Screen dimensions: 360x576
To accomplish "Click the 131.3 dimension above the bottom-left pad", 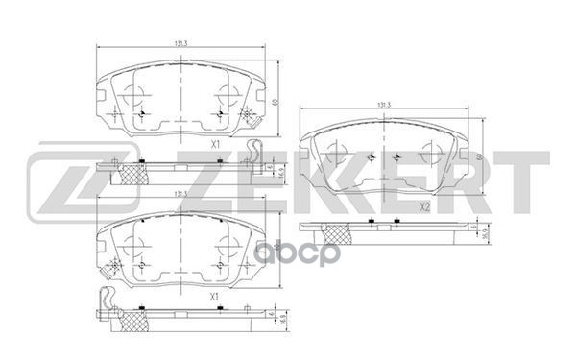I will point(180,194).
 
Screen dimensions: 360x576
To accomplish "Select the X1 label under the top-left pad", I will point(215,143).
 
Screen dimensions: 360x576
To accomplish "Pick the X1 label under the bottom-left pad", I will point(215,299).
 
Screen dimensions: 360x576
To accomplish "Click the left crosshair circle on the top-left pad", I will point(135,95).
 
